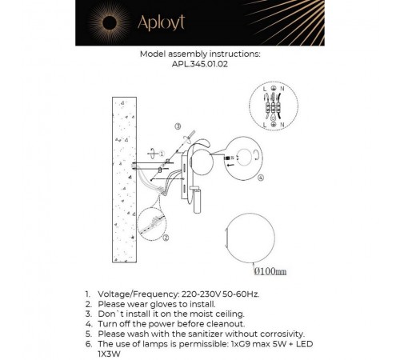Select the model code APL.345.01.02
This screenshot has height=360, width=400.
tap(199, 66)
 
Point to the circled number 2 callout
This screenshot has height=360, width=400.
tap(166, 238)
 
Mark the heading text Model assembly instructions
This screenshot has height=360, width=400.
tap(199, 55)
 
